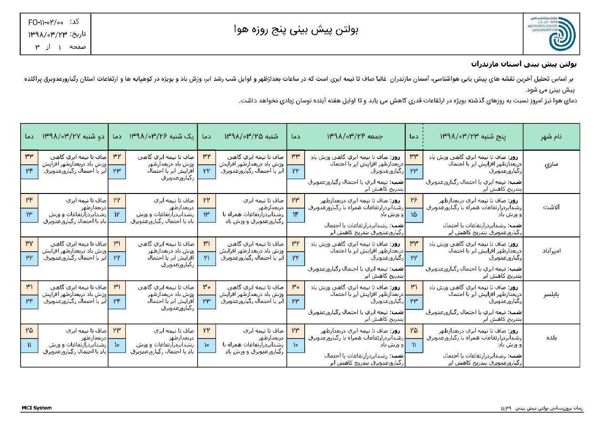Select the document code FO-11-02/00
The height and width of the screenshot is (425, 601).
point(46,22)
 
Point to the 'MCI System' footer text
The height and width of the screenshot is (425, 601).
point(37,408)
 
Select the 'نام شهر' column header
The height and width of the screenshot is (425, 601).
point(552,136)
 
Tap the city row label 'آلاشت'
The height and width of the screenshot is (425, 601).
point(551,207)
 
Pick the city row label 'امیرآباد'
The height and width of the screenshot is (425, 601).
point(551,250)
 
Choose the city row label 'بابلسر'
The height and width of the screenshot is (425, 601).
point(551,294)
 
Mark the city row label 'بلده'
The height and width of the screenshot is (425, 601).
point(551,337)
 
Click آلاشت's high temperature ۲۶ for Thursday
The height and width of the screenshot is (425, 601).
point(414,200)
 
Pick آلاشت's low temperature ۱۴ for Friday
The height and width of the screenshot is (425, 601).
point(295,214)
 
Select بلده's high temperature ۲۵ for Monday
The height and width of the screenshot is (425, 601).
point(29,330)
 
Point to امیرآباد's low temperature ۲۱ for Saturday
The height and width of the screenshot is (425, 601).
point(206,258)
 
